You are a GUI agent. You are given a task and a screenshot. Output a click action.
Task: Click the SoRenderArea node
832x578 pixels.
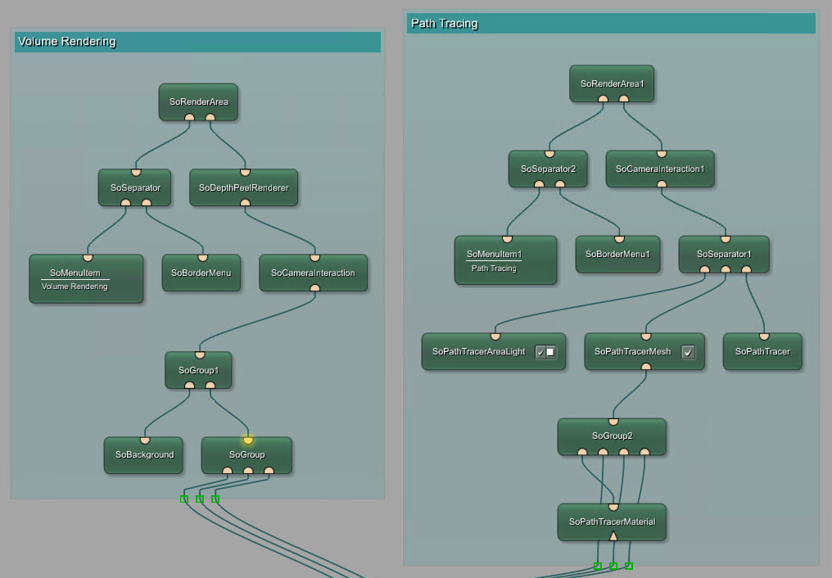[x=198, y=102]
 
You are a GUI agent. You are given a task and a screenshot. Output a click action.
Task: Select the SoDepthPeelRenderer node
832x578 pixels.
[x=243, y=187]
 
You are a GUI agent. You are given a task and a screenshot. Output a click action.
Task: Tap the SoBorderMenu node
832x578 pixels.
[x=201, y=273]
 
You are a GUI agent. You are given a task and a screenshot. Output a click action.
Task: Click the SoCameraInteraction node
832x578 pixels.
[x=313, y=273]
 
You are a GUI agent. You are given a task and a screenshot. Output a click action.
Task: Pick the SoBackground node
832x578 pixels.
[x=144, y=454]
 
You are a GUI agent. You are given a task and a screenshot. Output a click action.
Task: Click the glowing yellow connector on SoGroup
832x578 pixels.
[x=247, y=440]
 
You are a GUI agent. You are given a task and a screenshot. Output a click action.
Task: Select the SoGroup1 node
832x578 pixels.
[x=198, y=370]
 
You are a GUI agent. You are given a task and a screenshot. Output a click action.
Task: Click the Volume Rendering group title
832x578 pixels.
[x=67, y=42]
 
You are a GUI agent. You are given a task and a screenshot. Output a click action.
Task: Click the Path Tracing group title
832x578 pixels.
[x=444, y=24]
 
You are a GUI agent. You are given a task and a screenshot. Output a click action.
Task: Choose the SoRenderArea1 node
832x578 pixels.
[x=612, y=84]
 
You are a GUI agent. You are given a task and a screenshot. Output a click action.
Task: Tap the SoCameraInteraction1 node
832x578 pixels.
[x=660, y=169]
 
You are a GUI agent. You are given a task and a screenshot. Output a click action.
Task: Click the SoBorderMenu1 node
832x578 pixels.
[x=617, y=254]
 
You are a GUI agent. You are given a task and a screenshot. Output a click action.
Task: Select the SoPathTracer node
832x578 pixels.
[x=762, y=351]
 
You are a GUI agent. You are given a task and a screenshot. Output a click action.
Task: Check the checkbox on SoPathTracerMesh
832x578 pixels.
[x=688, y=352]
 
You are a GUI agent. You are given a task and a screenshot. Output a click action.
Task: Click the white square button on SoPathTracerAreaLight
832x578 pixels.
[x=550, y=352]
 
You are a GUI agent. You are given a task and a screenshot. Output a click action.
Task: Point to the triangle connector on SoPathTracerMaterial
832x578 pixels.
[x=613, y=535]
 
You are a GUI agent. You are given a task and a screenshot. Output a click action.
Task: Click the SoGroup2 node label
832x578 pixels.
[x=612, y=436]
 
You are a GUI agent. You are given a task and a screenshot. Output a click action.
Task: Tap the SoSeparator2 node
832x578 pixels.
[x=548, y=169]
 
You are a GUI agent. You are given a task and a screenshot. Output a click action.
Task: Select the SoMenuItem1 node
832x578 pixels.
[x=494, y=255]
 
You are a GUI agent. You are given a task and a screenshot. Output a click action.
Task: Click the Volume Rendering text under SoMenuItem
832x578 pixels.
[x=75, y=287]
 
